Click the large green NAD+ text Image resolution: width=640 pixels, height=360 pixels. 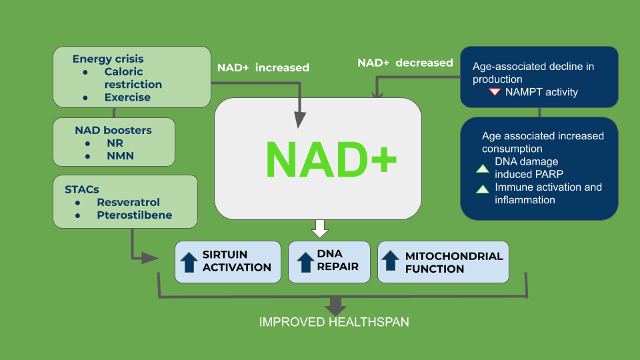pos(331,159)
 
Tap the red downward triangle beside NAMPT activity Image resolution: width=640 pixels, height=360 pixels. pos(494,92)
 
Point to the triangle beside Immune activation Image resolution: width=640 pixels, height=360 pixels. pos(482,189)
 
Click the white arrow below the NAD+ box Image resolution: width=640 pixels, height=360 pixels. pos(320,228)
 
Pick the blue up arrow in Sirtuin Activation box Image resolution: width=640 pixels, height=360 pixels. pos(190,261)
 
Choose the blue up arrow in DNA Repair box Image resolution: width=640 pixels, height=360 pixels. pos(305,261)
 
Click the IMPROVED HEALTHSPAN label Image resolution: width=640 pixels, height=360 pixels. pos(334,322)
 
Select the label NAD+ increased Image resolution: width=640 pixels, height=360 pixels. pos(263,67)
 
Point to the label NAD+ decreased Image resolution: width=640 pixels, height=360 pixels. pos(405,63)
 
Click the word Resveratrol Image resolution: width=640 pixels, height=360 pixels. pos(128,202)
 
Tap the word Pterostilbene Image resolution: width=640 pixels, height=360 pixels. pos(134,215)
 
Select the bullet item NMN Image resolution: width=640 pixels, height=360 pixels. pos(119,156)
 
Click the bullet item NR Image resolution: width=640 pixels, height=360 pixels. pos(114,143)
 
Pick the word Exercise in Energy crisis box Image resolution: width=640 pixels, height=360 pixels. pos(127,97)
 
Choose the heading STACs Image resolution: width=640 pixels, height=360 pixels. pos(82,189)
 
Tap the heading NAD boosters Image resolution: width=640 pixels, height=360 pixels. pos(113,130)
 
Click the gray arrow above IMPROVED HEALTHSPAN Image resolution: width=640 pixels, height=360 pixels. pos(335,306)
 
